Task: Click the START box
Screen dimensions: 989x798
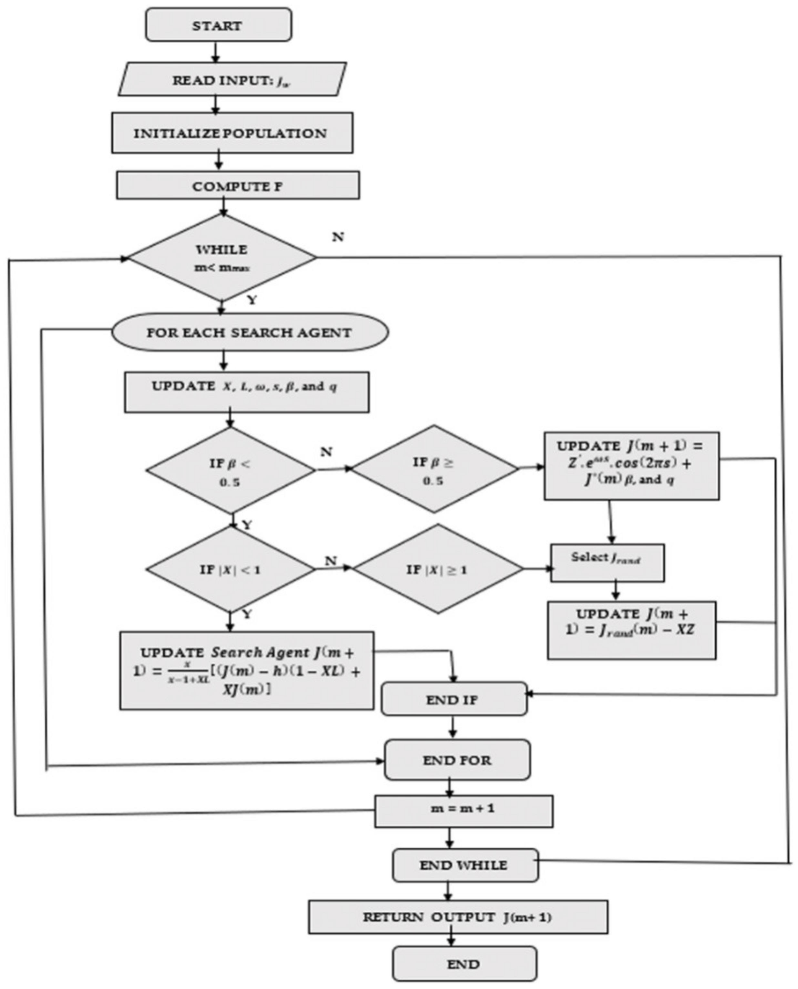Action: (218, 25)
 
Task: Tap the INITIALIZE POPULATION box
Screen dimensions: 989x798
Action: (232, 133)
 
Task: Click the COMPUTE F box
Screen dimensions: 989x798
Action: (238, 186)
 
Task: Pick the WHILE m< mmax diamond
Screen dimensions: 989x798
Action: (222, 258)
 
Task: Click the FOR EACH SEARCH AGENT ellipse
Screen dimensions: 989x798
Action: (250, 332)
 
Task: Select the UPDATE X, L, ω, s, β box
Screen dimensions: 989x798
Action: (246, 392)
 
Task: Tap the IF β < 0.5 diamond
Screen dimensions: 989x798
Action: (230, 471)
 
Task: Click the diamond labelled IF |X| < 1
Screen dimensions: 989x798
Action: (230, 569)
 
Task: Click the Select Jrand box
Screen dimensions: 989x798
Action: (607, 563)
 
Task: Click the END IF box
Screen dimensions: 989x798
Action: (454, 699)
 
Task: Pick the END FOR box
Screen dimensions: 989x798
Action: (457, 760)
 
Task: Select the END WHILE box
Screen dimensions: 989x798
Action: (465, 865)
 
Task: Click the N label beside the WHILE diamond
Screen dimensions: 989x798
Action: (338, 237)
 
